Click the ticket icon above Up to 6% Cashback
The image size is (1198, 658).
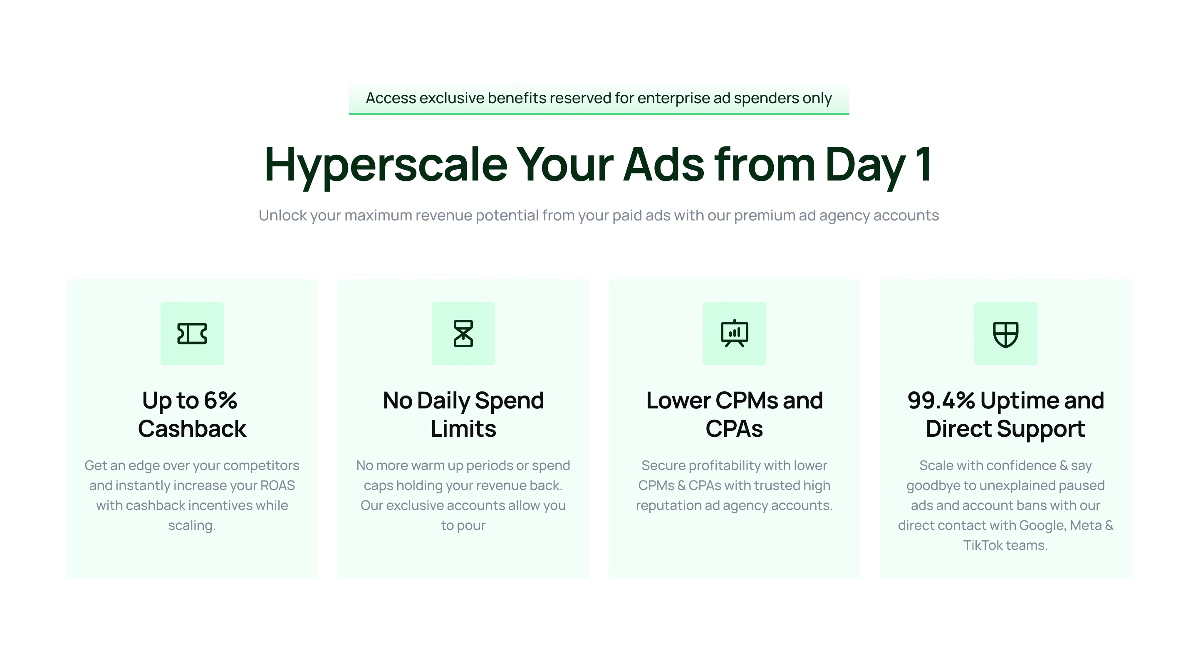(192, 334)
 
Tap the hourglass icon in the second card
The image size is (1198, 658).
(463, 334)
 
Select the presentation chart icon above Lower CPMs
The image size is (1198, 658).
(734, 333)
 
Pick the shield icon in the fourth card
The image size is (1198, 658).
(1005, 334)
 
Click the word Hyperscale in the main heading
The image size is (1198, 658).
(386, 165)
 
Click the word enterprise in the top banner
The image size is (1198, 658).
(673, 98)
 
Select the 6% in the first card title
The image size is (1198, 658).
(220, 401)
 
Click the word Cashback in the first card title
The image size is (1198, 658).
(192, 428)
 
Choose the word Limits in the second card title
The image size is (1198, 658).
(463, 428)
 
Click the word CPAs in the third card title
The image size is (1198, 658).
(734, 428)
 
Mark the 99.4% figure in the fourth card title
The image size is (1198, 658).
(941, 401)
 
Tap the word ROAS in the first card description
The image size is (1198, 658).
(277, 485)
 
